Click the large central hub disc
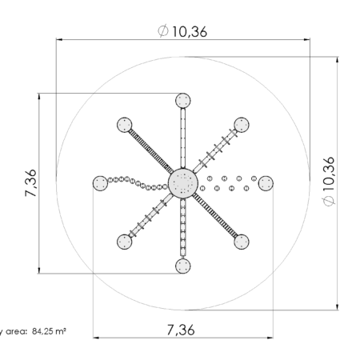pos(183,183)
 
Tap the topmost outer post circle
pos(183,101)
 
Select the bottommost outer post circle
pos(183,266)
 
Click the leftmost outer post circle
pos(100,183)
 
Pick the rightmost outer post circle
pos(266,183)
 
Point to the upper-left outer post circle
pos(125,125)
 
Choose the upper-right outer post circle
pos(242,125)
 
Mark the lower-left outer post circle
pos(125,242)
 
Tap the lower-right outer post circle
pos(242,242)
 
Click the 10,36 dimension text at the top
pos(190,32)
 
